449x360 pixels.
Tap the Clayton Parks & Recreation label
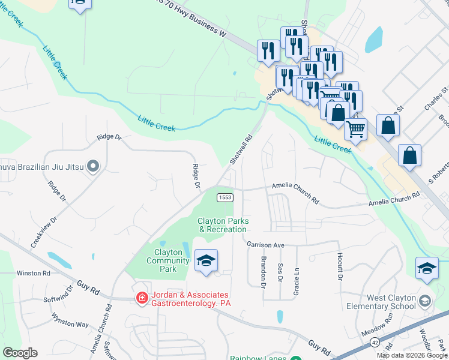(x=223, y=225)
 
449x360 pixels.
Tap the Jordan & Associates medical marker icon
(x=142, y=298)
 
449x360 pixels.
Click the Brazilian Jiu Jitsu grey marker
(x=92, y=165)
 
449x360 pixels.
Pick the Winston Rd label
(x=33, y=273)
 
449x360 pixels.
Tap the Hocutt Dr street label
(x=339, y=268)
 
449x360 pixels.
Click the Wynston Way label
(x=70, y=319)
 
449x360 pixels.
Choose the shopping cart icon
(x=356, y=128)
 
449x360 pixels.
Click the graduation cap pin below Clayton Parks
(x=206, y=260)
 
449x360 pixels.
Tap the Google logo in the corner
(x=20, y=353)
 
